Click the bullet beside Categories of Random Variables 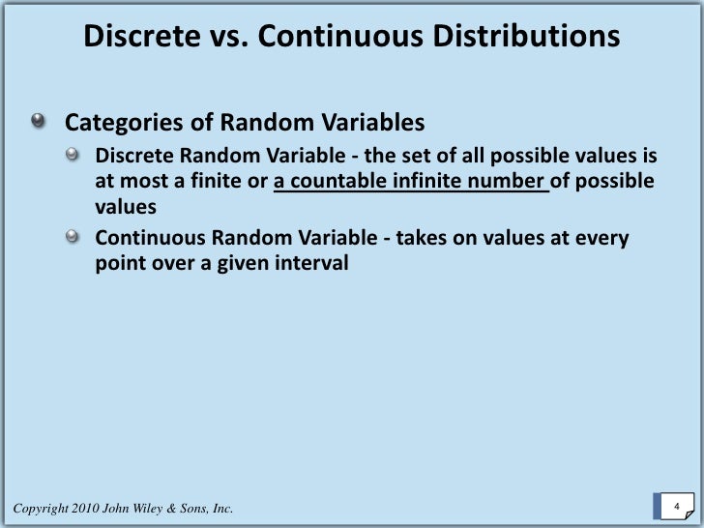38,123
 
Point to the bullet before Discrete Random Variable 73,156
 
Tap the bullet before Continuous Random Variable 73,238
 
